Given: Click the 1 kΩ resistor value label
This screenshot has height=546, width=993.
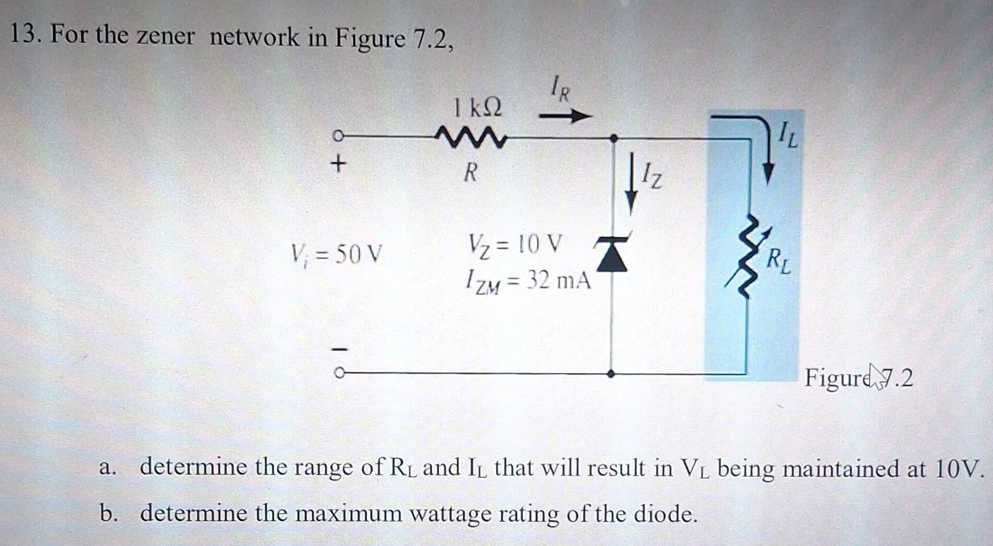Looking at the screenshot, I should coord(477,107).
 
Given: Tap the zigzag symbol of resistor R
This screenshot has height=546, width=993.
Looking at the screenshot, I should coord(471,138).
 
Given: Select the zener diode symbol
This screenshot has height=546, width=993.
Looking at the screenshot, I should coord(612,254).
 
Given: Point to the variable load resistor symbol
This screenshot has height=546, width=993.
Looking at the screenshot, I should coord(747,257).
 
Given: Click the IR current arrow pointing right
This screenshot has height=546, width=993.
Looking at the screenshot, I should coord(565,116).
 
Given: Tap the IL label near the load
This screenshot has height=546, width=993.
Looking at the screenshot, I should coord(788,136).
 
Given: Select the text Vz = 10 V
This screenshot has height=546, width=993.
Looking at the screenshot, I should coord(514,245).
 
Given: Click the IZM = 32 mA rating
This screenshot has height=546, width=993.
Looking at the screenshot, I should coord(528,281).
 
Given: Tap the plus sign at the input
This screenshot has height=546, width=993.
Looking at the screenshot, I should coord(339,164).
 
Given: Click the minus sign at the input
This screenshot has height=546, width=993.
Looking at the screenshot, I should coord(339,348).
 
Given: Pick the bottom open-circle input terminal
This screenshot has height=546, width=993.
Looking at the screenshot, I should coord(339,373).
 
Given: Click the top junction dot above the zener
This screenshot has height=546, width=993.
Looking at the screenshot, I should coord(613,138).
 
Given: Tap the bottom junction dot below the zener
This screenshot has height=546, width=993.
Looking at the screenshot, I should coord(611,374).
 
